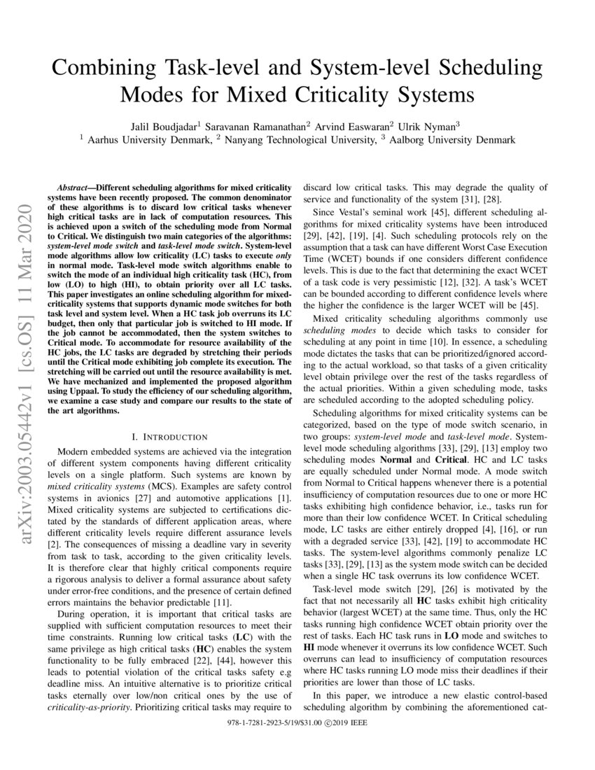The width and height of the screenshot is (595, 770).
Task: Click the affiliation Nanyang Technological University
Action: point(298,140)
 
